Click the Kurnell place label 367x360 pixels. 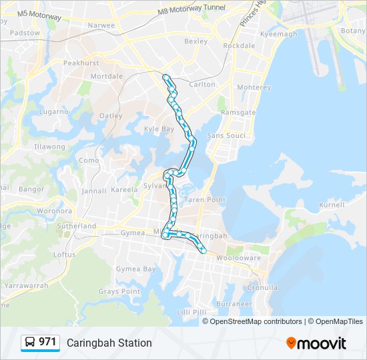pos(331,205)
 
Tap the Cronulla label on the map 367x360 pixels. pos(262,288)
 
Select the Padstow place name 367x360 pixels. pos(25,32)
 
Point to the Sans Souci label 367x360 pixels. pos(226,135)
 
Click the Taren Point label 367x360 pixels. pos(204,199)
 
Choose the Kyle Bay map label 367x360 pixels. pos(159,129)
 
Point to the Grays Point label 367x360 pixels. pos(119,291)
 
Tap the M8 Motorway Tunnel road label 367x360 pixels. pos(192,9)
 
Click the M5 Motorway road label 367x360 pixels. pos(39,14)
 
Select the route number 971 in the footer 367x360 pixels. pos(47,342)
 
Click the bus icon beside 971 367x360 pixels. pos(30,343)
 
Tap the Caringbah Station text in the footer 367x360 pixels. pos(109,343)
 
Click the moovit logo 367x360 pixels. pos(316,343)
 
